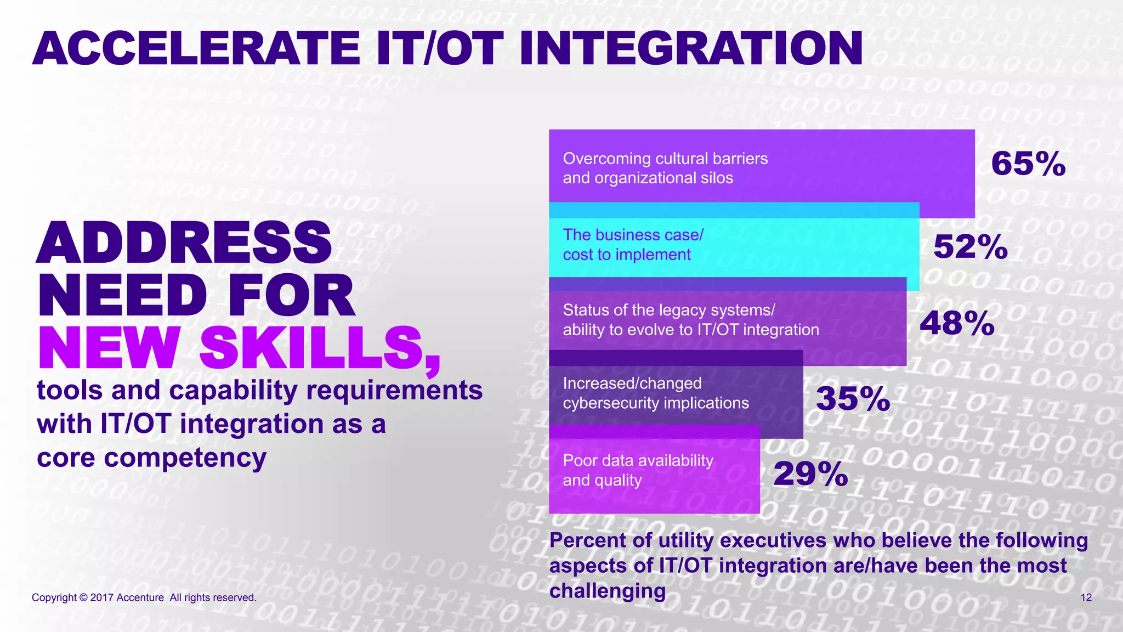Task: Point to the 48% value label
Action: click(957, 323)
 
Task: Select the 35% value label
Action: click(853, 398)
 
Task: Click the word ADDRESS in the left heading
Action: click(184, 242)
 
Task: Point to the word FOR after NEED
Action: click(291, 296)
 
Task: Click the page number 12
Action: click(1086, 597)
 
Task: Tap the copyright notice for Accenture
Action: click(144, 597)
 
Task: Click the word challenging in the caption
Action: click(608, 591)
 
